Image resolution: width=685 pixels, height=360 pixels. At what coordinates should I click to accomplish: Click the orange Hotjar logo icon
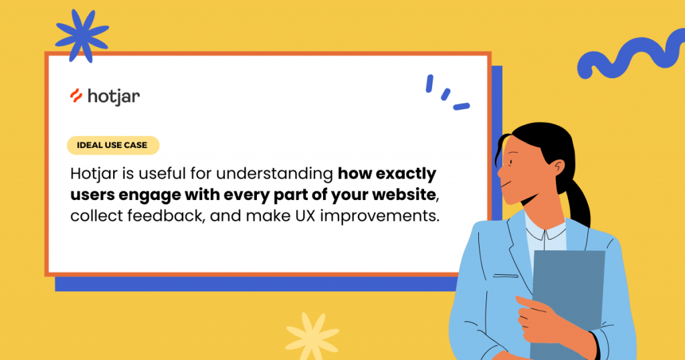pyautogui.click(x=76, y=96)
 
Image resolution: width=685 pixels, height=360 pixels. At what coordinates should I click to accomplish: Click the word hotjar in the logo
pyautogui.click(x=114, y=96)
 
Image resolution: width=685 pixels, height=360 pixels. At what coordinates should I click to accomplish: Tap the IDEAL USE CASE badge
pyautogui.click(x=112, y=145)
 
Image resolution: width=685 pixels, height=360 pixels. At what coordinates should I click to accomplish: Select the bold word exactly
pyautogui.click(x=406, y=174)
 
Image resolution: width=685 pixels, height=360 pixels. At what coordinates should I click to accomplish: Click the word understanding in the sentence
pyautogui.click(x=274, y=174)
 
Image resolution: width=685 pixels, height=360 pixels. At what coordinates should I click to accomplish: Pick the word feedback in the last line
pyautogui.click(x=166, y=215)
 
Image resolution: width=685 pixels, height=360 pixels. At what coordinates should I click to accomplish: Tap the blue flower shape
pyautogui.click(x=82, y=36)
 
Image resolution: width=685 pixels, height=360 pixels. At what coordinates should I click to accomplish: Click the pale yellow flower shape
pyautogui.click(x=312, y=335)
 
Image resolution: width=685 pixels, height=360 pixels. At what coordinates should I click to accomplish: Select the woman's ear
pyautogui.click(x=557, y=168)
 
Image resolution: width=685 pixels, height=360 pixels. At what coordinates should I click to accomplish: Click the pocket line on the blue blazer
pyautogui.click(x=506, y=276)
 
